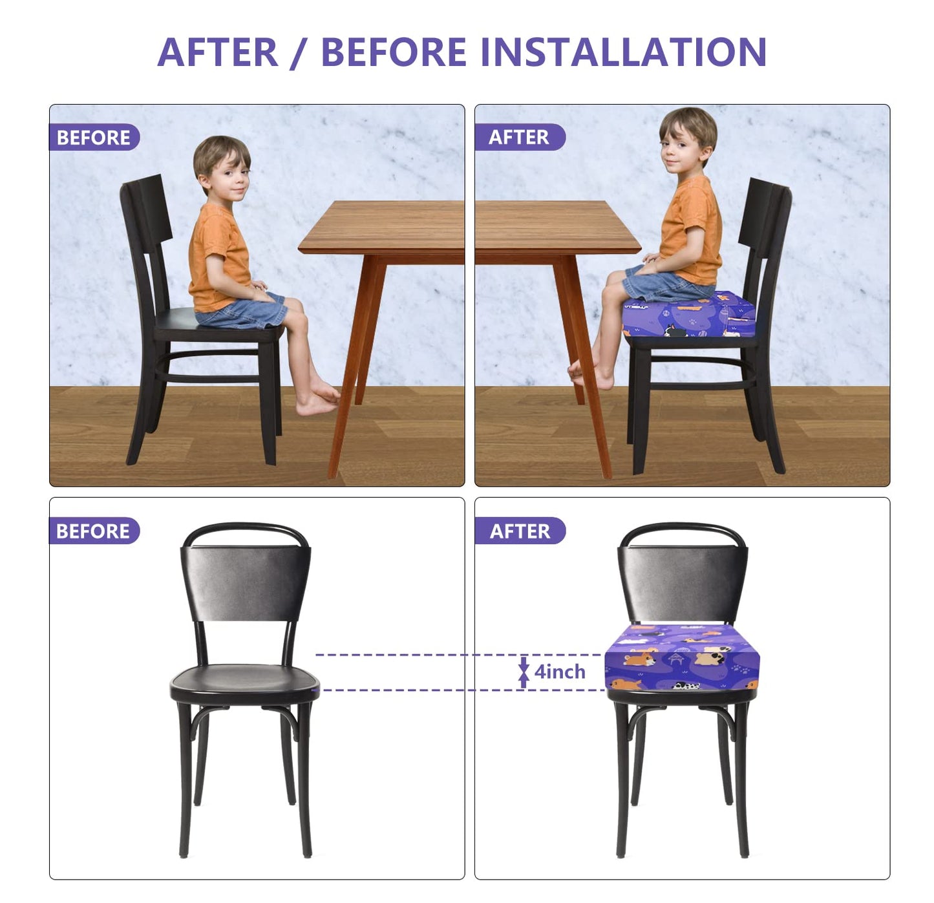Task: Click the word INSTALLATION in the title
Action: (624, 52)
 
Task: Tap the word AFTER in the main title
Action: (217, 52)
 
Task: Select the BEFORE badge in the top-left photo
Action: (94, 138)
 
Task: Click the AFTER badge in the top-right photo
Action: (519, 138)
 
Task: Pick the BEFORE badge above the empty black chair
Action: (93, 531)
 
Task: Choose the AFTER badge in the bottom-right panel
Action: (520, 531)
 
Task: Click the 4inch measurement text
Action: (560, 672)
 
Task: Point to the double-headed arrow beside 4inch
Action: (524, 673)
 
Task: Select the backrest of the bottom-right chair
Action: (683, 582)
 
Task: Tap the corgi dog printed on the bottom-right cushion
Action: (640, 658)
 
